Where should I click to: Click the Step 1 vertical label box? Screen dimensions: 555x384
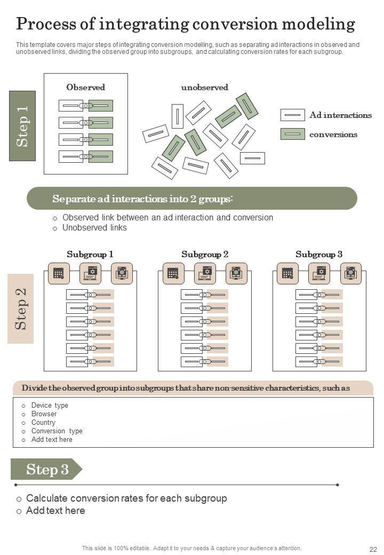click(x=22, y=126)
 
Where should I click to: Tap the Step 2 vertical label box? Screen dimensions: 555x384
click(x=21, y=308)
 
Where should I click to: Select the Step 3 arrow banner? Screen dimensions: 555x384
click(x=46, y=470)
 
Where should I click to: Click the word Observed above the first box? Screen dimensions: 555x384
click(x=85, y=87)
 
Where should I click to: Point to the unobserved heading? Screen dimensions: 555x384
click(x=204, y=87)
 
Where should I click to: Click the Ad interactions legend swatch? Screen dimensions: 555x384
click(x=292, y=115)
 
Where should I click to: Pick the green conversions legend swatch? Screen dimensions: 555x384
click(x=292, y=134)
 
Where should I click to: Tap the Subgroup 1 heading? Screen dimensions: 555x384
click(x=90, y=255)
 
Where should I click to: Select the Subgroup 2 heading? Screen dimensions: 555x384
click(x=205, y=255)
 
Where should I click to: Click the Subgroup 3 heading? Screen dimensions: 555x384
click(x=319, y=255)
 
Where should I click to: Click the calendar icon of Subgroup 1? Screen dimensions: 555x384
click(x=59, y=273)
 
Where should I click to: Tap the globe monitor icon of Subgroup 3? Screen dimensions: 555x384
click(x=351, y=273)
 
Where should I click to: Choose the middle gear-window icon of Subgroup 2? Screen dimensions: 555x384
click(x=205, y=273)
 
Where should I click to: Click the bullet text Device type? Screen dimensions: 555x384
click(x=50, y=406)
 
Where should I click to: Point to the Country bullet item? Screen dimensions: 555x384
click(x=43, y=423)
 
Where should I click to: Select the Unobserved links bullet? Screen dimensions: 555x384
click(x=94, y=228)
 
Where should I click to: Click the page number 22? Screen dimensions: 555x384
click(x=373, y=549)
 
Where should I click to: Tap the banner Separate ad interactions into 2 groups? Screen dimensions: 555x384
click(x=142, y=199)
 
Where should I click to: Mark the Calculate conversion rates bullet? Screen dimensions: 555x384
click(x=126, y=498)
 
